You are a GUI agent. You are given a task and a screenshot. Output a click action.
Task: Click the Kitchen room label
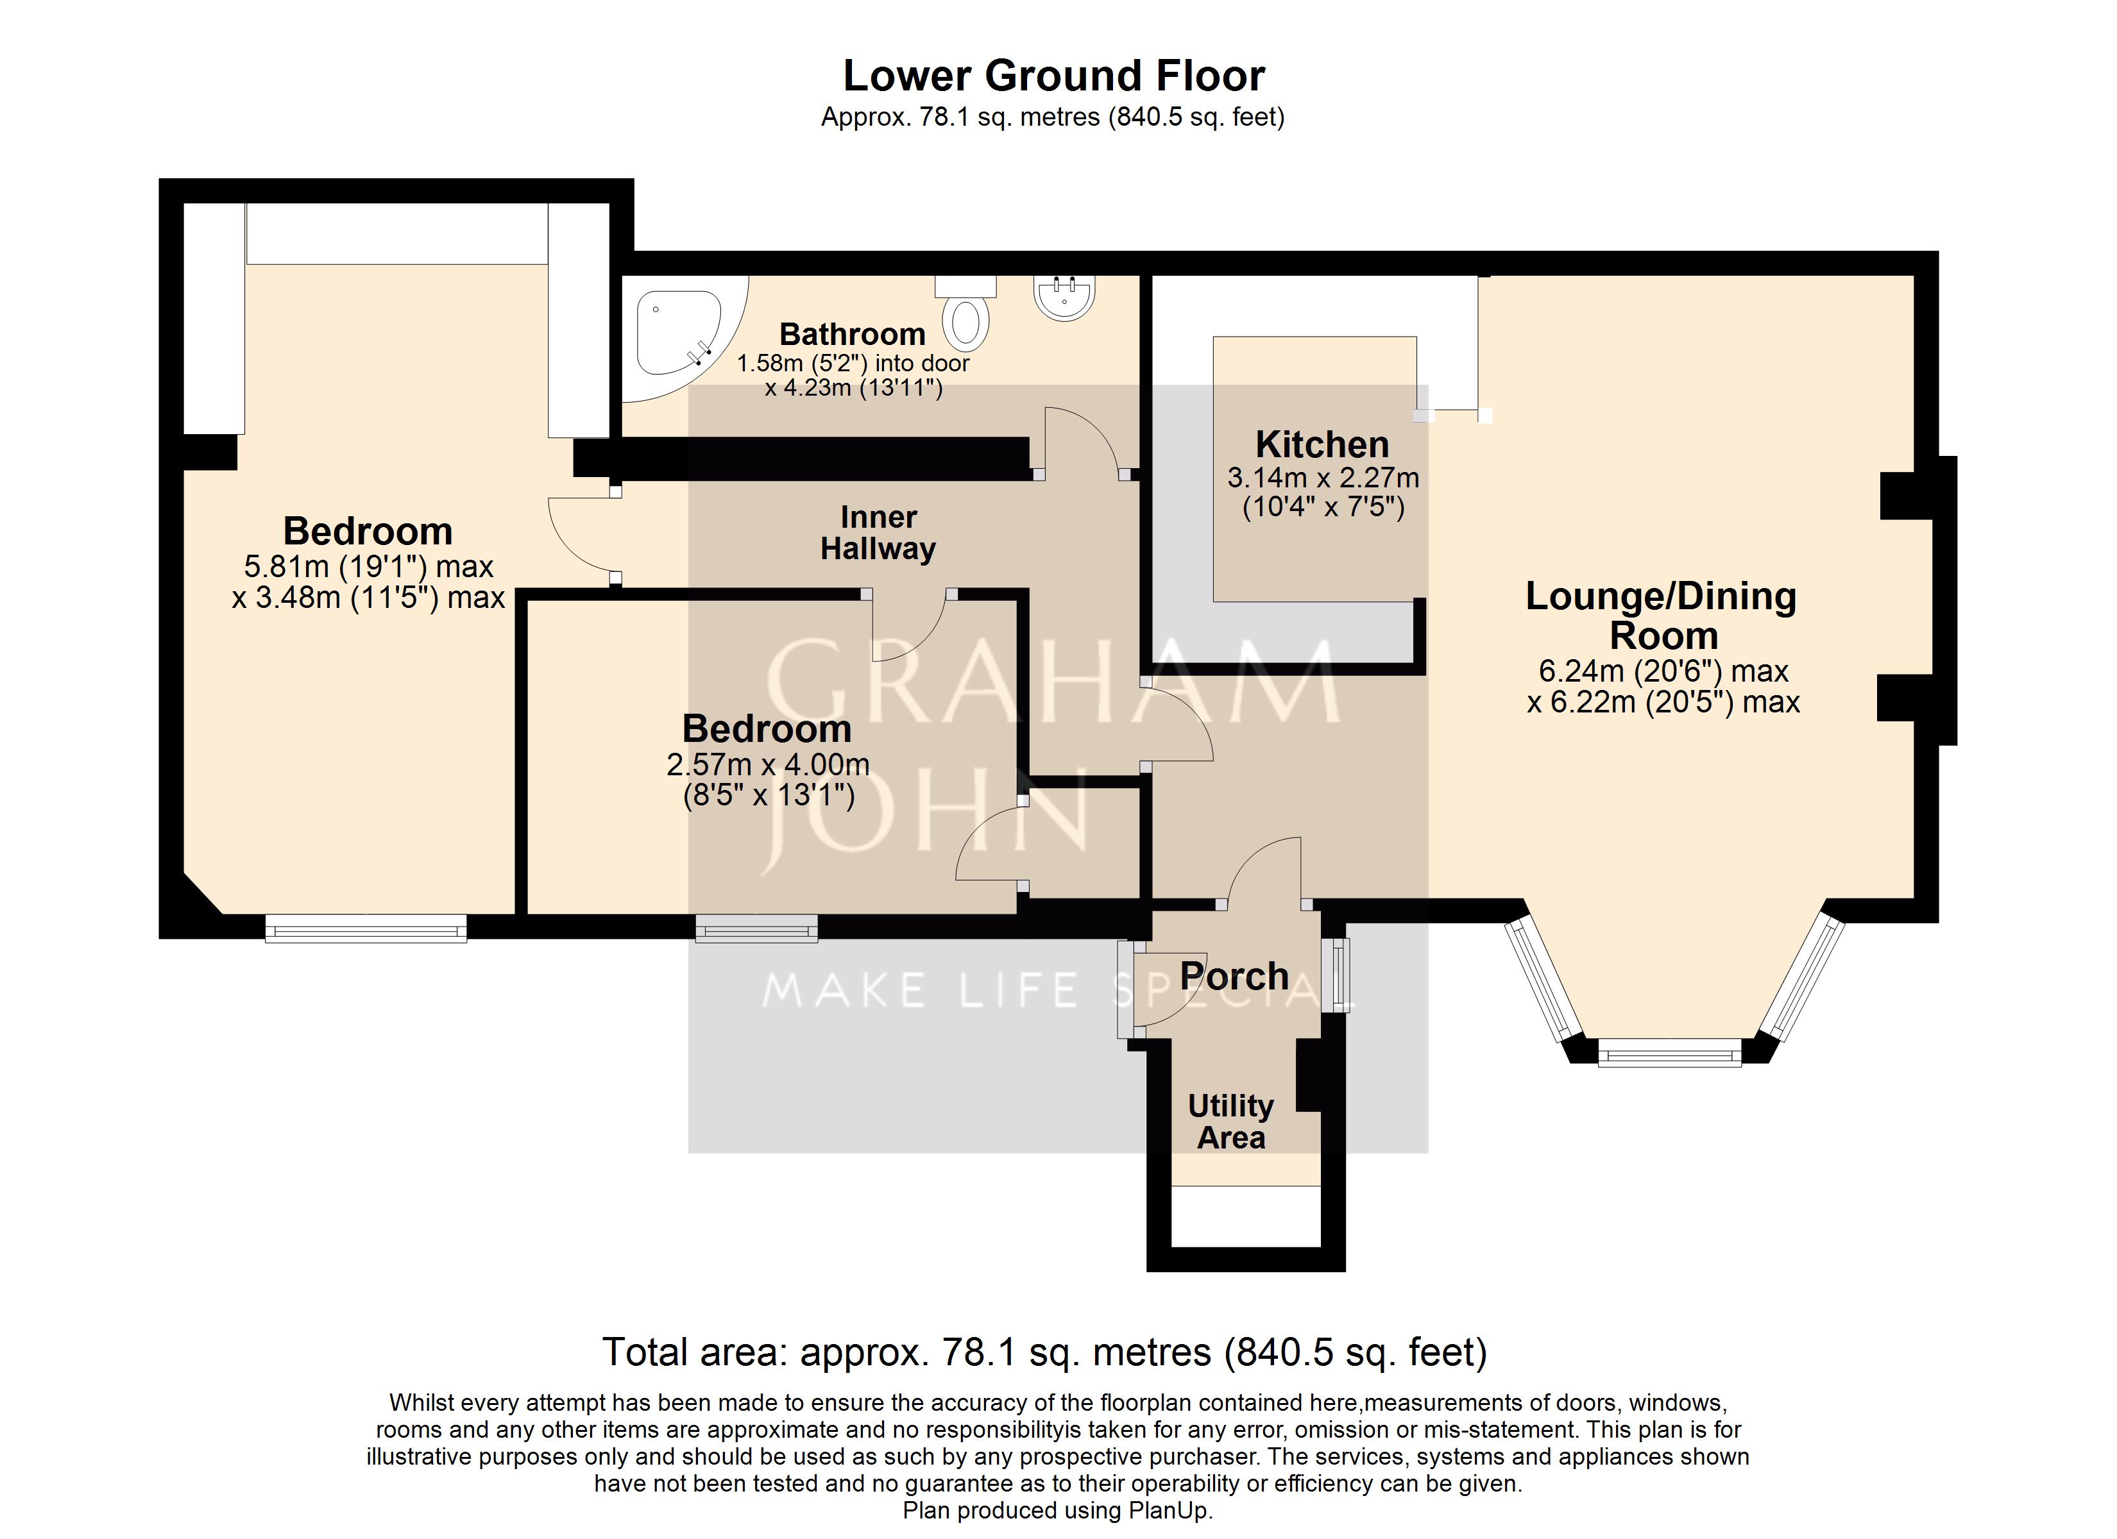pos(1322,444)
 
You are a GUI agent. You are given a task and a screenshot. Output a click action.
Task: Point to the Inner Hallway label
pos(878,533)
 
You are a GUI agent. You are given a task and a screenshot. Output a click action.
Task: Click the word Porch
pos(1234,976)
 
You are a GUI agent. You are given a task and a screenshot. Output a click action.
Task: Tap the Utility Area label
pos(1231,1122)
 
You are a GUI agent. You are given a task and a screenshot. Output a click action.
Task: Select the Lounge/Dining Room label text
pos(1662,616)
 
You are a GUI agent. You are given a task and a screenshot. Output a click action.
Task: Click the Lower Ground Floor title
pos(1054,76)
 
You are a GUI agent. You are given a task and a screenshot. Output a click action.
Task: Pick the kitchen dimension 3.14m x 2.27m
pos(1323,478)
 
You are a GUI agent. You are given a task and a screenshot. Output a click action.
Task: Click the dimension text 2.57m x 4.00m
pos(767,764)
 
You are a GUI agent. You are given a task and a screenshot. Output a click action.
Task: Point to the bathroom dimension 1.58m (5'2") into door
pos(853,363)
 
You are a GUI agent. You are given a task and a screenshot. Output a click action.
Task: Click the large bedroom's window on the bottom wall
pos(366,928)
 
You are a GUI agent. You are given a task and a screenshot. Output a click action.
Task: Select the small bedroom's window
pos(757,928)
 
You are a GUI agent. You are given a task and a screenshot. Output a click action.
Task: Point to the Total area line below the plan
pos(1044,1351)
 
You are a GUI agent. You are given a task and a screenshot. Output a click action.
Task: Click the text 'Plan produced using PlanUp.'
pos(1058,1511)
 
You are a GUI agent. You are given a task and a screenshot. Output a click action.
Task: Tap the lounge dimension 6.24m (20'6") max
pos(1663,671)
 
